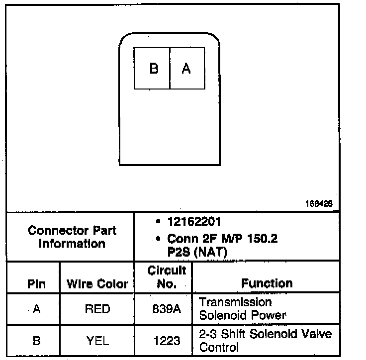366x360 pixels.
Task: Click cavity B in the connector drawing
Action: pos(153,68)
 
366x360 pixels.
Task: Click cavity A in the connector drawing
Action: pos(186,68)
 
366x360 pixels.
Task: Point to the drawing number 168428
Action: pos(319,203)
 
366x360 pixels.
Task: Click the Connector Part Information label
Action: pos(72,237)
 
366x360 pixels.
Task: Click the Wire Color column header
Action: pos(97,284)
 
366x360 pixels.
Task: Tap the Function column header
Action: pos(267,283)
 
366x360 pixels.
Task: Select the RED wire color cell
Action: pos(97,309)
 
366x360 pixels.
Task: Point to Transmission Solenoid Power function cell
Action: pos(242,308)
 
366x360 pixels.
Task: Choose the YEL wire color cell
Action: pos(97,341)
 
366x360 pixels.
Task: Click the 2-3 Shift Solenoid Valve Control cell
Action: pos(265,340)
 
